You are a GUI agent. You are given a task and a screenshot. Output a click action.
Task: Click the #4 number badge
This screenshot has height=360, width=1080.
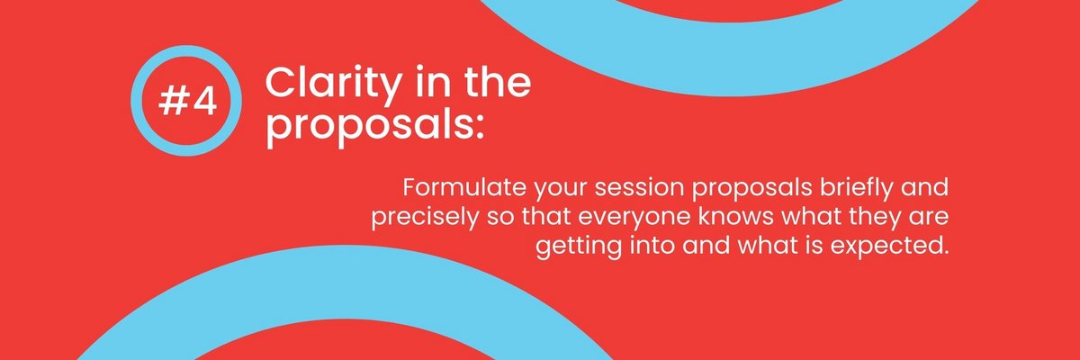(186, 101)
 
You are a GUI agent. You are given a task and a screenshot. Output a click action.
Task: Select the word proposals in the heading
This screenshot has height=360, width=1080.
(367, 127)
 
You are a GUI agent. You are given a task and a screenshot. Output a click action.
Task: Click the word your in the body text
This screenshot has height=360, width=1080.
(560, 191)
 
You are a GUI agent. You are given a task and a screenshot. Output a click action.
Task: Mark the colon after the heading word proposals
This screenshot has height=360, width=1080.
(478, 129)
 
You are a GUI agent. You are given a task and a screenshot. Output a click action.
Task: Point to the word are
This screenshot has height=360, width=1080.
(929, 220)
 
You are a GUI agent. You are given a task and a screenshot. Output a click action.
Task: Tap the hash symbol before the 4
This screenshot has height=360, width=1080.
(172, 102)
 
